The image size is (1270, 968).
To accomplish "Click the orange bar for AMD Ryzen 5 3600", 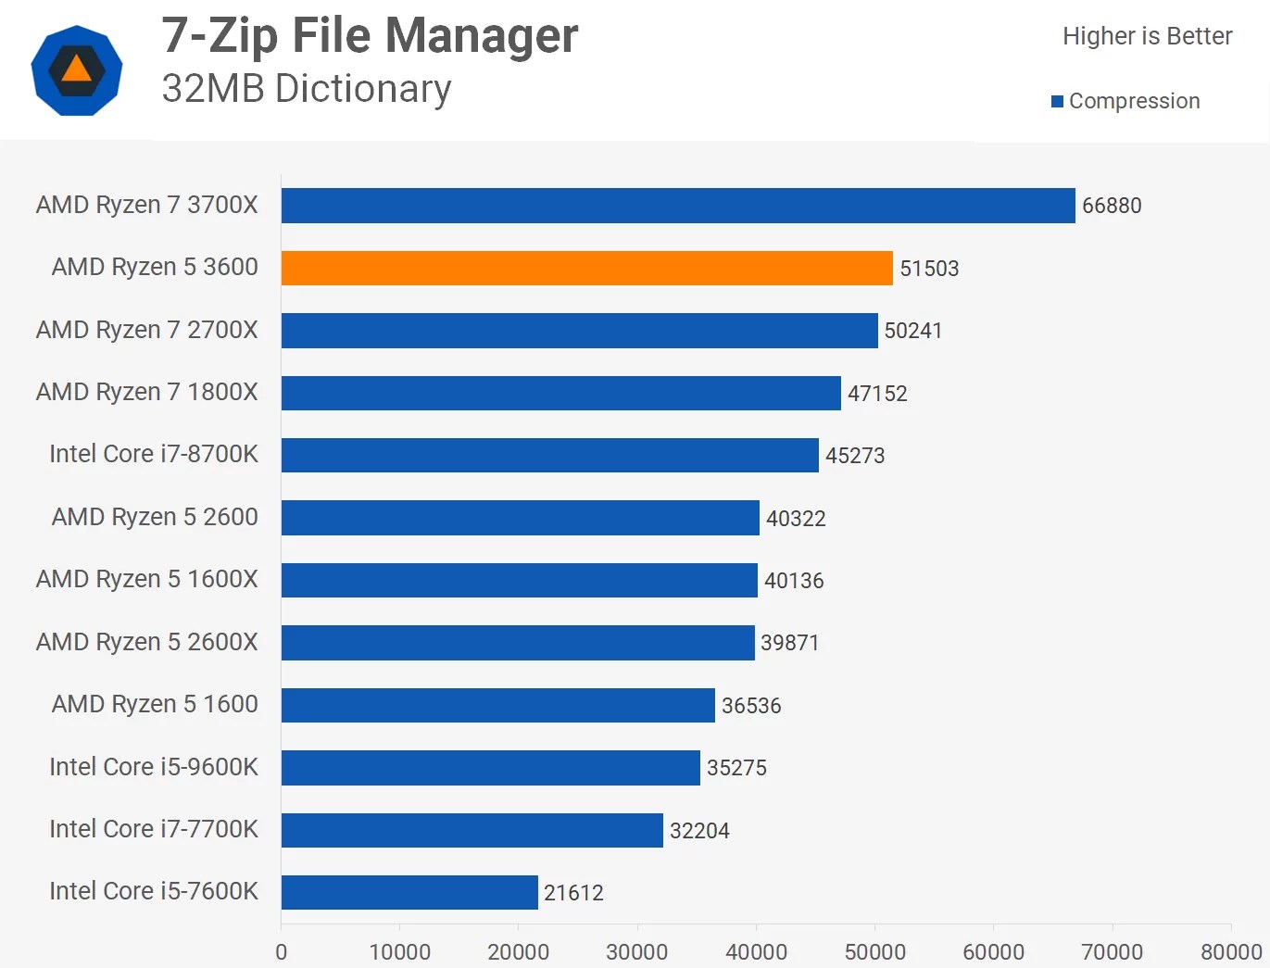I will click(586, 268).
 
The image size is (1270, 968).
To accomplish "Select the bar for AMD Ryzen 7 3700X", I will click(678, 206).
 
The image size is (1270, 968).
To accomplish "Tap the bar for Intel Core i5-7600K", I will click(409, 892).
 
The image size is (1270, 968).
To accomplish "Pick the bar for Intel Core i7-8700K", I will click(550, 455).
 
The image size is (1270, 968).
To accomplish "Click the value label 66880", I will click(1112, 206).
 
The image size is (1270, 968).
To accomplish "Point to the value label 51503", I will click(929, 269).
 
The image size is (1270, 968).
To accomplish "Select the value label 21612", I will click(573, 893).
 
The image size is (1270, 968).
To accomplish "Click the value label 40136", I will click(794, 581).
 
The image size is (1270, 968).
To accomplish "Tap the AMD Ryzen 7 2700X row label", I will click(147, 330).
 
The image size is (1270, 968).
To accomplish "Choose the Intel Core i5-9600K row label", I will click(154, 767).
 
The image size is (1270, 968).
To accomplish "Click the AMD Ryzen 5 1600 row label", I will click(155, 704).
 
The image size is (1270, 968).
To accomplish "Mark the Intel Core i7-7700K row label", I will click(154, 829).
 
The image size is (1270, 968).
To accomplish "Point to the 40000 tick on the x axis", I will click(756, 951).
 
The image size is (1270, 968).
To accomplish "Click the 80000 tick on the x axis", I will click(1231, 951).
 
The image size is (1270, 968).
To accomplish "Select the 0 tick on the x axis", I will click(282, 951).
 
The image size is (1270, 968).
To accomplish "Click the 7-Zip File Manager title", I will click(370, 36).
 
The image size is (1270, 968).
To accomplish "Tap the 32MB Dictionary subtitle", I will click(307, 89).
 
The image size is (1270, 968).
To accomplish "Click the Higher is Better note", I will click(1147, 36).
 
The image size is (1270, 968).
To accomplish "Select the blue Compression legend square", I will click(1057, 102).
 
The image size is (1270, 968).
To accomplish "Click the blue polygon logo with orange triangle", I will click(77, 70).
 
